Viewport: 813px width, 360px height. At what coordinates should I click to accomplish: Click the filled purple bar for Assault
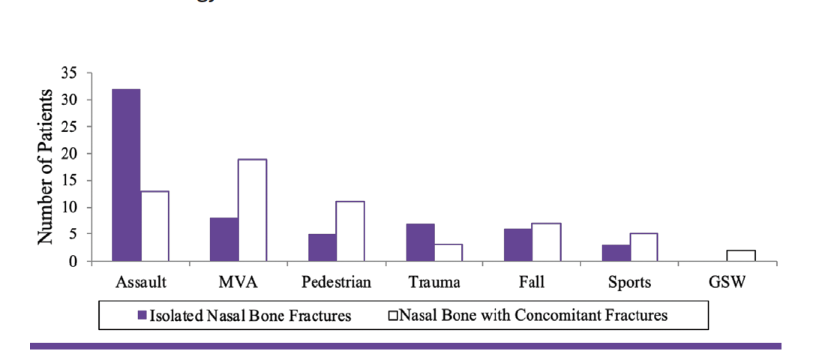126,175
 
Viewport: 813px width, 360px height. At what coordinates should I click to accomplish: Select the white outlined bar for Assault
154,226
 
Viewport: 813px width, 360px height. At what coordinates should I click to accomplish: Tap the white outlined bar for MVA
253,210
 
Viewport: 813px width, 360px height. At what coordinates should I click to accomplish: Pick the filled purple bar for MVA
224,240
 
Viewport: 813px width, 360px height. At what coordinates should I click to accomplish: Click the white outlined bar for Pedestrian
350,232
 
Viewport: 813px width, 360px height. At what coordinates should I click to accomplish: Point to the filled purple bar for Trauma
420,242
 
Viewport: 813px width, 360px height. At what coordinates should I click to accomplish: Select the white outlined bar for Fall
546,242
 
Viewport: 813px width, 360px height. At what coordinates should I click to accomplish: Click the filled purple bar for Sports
616,253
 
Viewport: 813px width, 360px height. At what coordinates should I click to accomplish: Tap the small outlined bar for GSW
742,256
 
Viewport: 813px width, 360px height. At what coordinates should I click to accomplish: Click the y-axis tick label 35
70,73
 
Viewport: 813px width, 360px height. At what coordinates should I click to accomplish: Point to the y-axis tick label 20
70,154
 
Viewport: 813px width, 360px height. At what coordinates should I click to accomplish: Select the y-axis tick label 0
73,262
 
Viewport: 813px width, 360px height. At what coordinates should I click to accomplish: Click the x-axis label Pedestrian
336,283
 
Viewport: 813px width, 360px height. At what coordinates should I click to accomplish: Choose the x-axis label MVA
238,283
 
